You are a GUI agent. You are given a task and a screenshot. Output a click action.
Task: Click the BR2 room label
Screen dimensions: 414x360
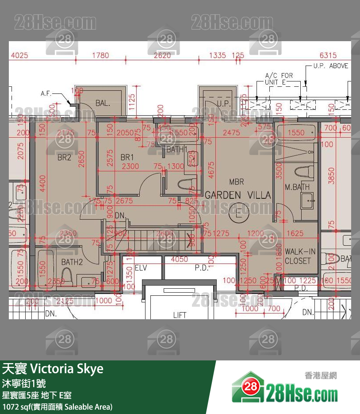point(64,157)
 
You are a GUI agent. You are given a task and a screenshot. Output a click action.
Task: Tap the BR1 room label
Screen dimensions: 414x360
point(127,157)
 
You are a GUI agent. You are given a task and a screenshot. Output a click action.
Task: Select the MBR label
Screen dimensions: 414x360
point(237,182)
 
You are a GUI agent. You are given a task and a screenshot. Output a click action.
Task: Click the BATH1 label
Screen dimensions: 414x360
point(177,150)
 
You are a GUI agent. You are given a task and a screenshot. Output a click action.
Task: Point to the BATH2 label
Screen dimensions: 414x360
point(72,262)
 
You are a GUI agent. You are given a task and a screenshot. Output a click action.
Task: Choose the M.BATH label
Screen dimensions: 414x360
point(297,187)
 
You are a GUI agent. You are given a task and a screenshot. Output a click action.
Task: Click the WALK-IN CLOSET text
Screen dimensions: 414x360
point(300,256)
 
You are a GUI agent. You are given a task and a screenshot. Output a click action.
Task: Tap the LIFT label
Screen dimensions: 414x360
point(180,315)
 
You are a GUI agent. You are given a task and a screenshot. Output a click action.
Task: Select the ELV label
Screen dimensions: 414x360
point(141,268)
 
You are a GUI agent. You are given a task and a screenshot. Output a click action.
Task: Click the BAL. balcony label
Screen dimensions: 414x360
point(103,103)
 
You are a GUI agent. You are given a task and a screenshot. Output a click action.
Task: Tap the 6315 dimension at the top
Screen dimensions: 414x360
point(328,55)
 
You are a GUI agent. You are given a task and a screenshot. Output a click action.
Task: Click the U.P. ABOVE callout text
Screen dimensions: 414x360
point(330,66)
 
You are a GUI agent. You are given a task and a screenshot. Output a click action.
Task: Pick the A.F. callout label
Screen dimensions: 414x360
point(46,93)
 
